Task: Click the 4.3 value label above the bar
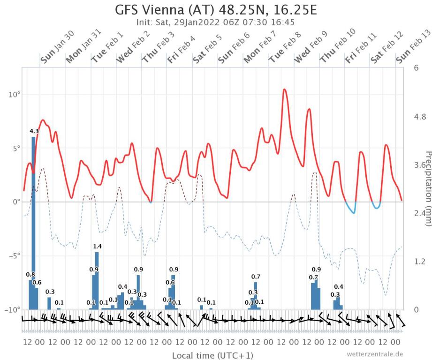pos(34,131)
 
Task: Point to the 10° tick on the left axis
pos(14,95)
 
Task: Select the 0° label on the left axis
pos(15,202)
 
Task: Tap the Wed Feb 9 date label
pos(309,47)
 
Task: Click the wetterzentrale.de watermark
pos(374,354)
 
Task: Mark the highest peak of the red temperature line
pos(284,89)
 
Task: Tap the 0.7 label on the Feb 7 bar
pos(256,277)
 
